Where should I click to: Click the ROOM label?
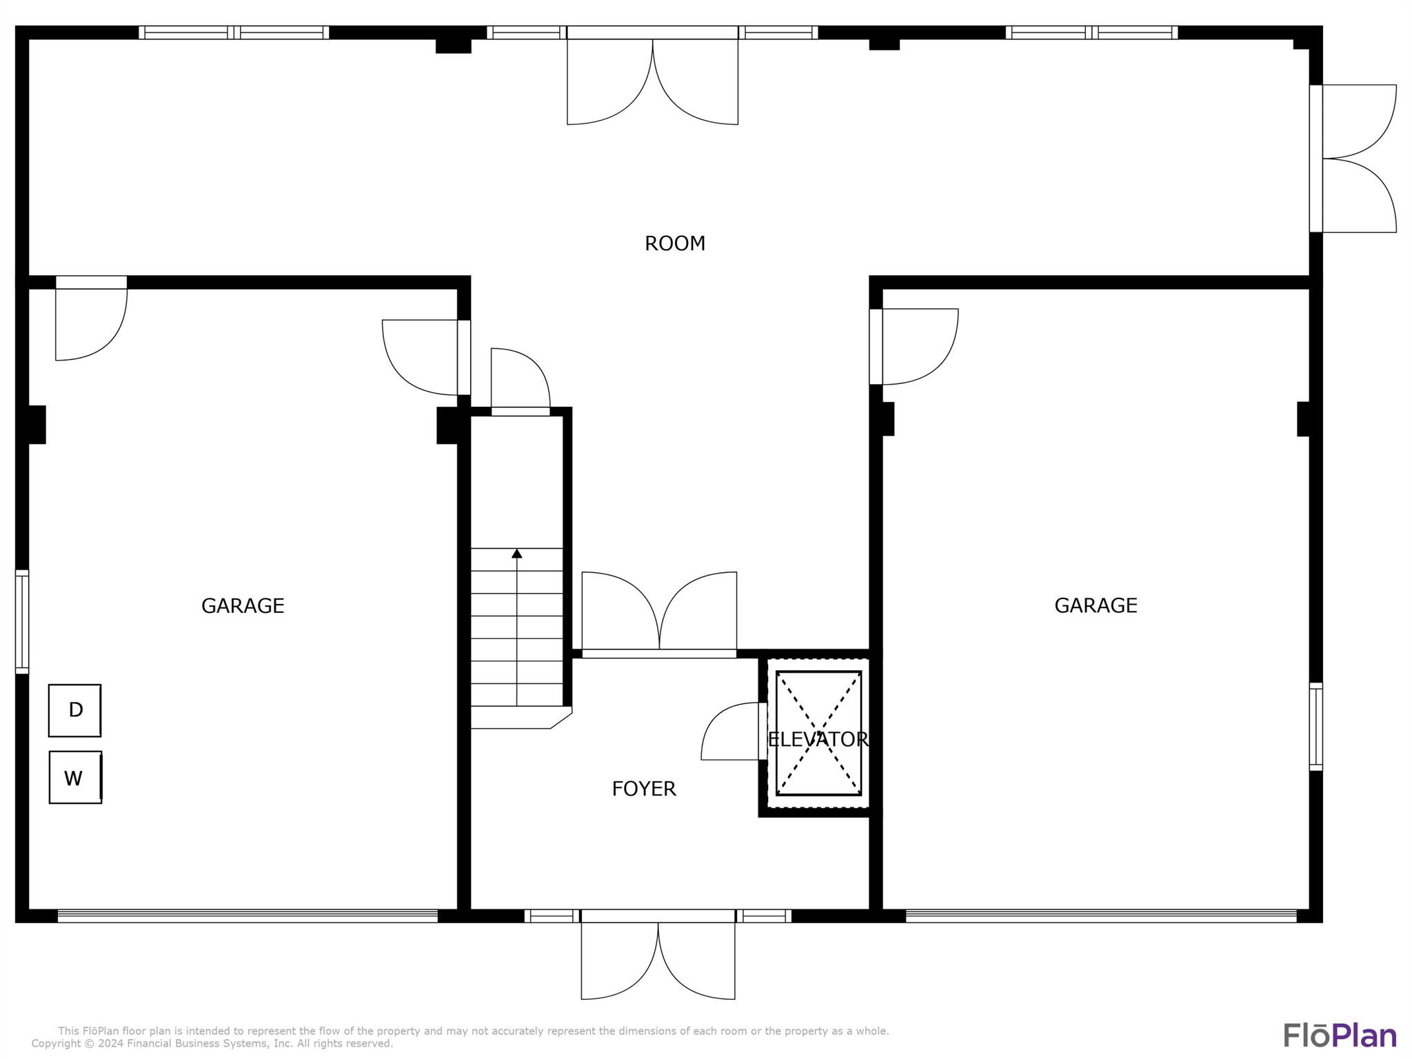(x=674, y=243)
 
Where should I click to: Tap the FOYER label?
(x=643, y=789)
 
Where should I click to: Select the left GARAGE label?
(x=243, y=605)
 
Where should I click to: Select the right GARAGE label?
(x=1096, y=605)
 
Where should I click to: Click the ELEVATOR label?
(x=818, y=739)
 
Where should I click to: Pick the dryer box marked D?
(x=75, y=710)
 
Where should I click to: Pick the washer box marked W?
(x=75, y=778)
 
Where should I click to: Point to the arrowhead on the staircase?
(x=517, y=553)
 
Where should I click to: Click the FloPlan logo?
(x=1340, y=1035)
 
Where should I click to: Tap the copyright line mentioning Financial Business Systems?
(x=212, y=1044)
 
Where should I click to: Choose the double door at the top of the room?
(x=652, y=79)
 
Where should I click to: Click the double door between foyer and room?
(x=659, y=614)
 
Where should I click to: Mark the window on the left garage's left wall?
(x=22, y=621)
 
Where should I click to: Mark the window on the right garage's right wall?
(x=1315, y=726)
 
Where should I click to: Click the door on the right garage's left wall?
(x=913, y=346)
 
